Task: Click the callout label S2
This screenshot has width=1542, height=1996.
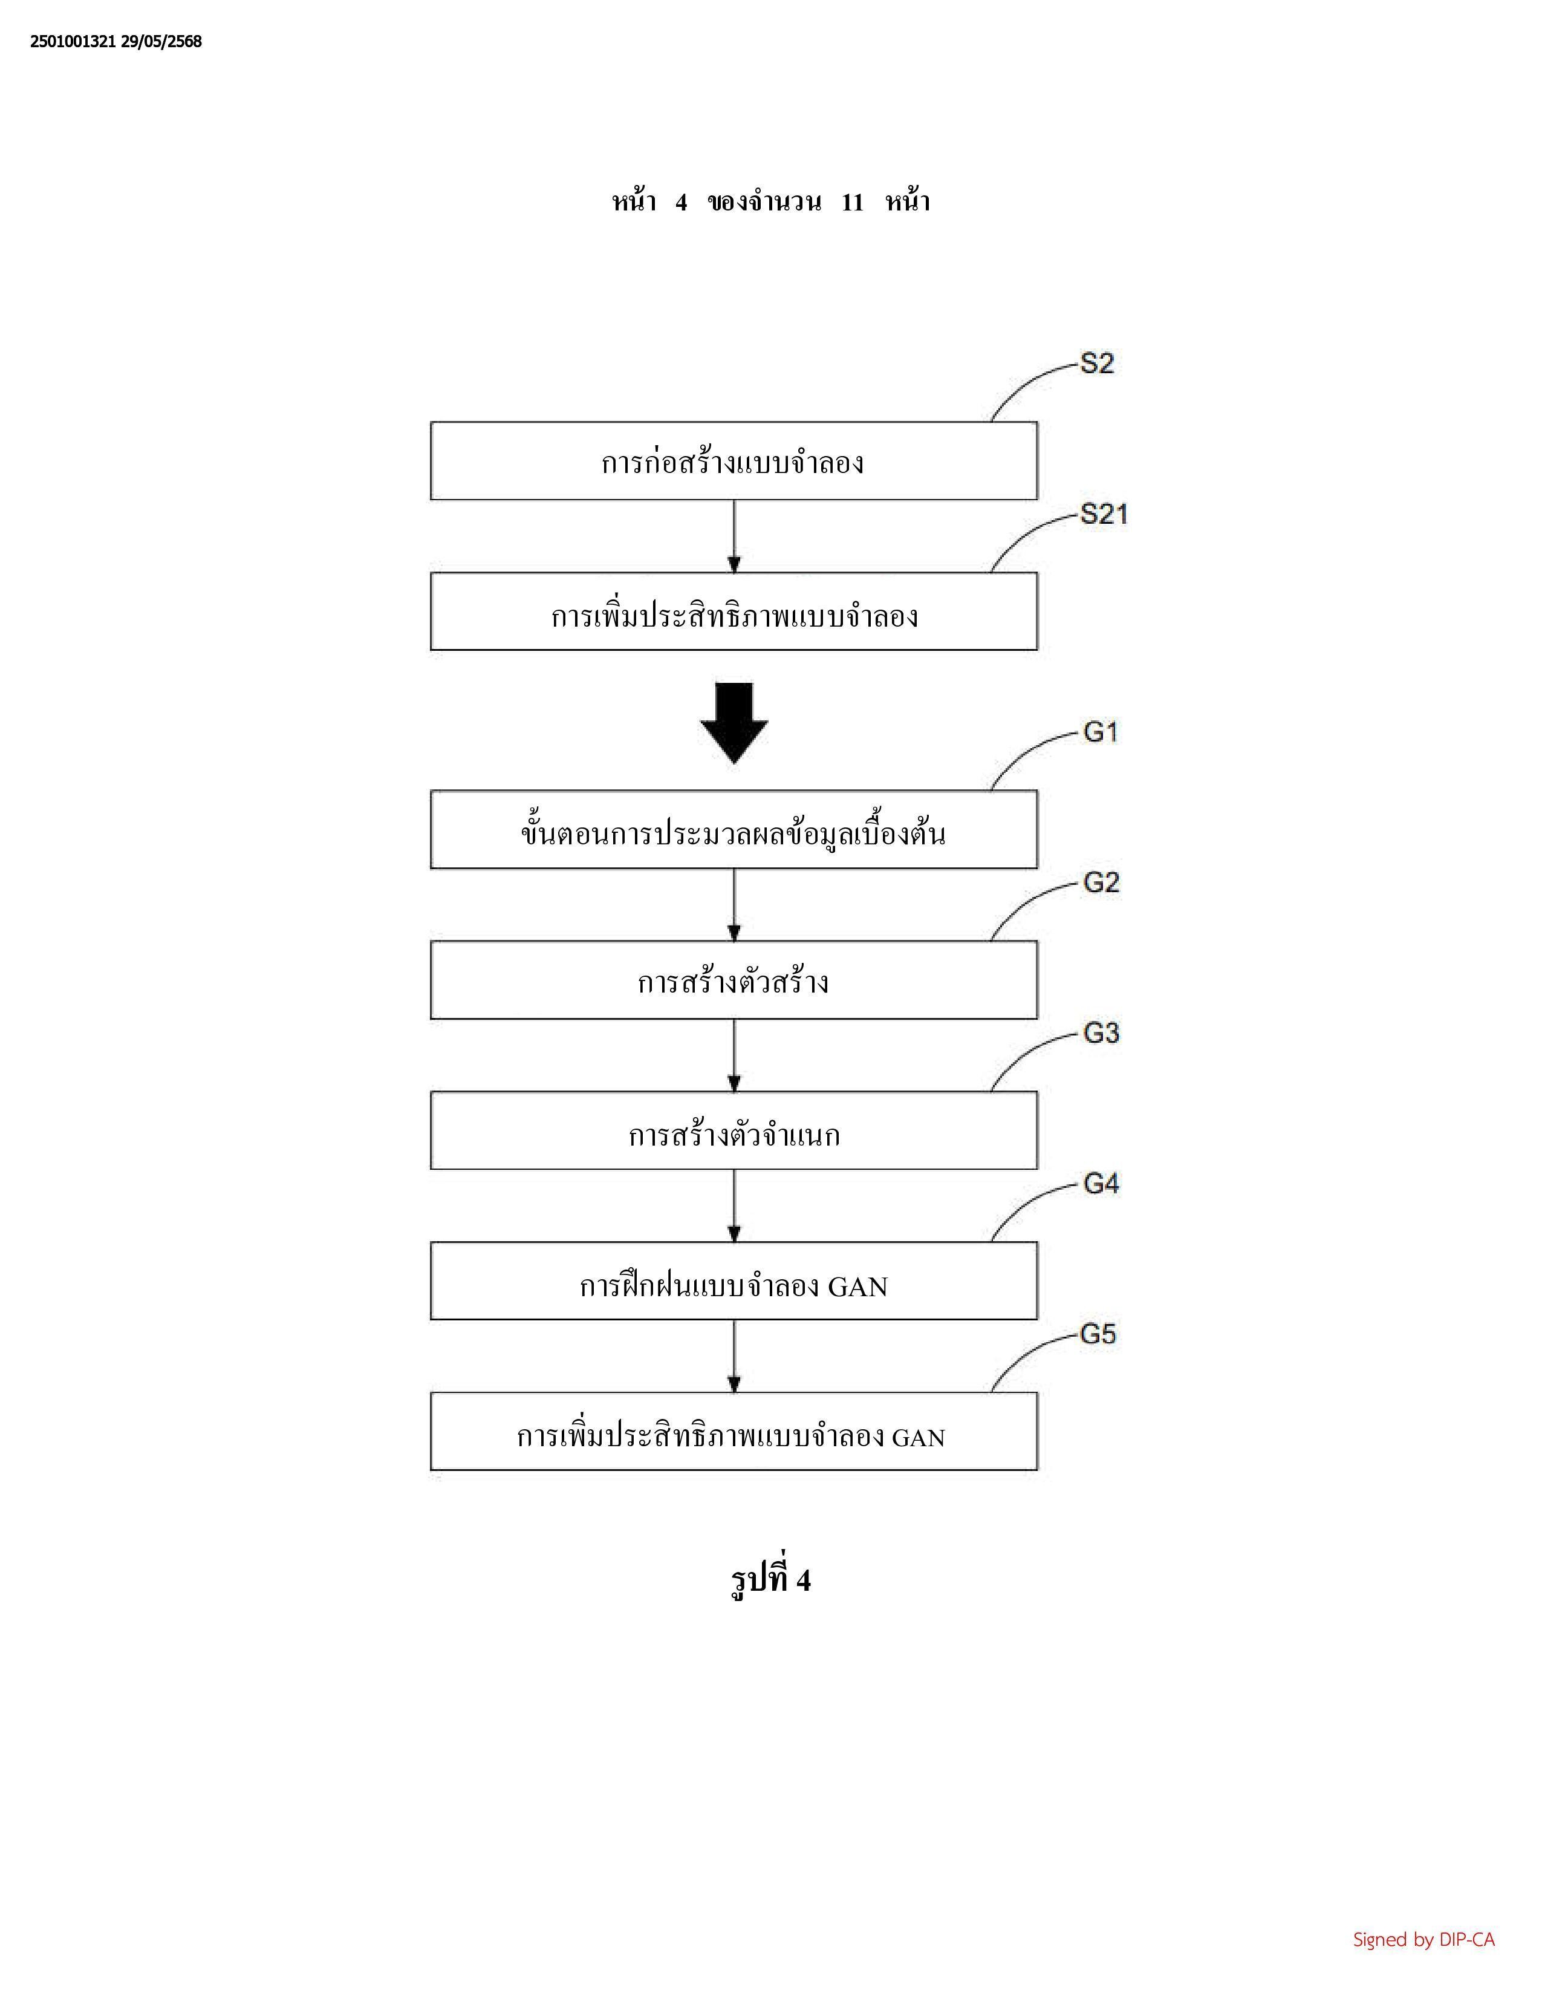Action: point(1097,364)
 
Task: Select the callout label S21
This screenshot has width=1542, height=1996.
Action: point(1104,515)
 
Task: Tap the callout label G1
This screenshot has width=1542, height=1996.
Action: point(1101,732)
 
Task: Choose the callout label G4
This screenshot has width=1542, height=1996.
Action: point(1101,1184)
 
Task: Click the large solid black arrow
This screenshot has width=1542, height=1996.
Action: point(735,723)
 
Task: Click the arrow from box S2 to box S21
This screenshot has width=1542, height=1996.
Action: point(735,537)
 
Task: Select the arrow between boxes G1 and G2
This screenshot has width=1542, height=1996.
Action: point(735,905)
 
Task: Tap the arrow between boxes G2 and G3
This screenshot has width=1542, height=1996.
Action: point(735,1055)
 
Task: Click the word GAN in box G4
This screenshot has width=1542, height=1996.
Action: point(858,1287)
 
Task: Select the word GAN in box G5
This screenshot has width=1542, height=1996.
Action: point(918,1438)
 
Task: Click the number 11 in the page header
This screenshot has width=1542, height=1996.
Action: point(851,202)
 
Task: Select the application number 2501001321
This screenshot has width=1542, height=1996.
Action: point(73,41)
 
